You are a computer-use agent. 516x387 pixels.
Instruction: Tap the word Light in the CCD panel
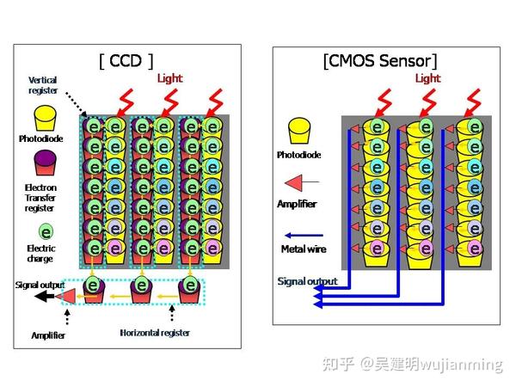pos(170,78)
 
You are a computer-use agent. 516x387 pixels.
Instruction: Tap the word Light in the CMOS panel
pos(427,78)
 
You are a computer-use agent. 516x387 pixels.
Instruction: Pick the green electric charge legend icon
pos(44,230)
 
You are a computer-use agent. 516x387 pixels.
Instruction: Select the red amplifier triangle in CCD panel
pos(65,296)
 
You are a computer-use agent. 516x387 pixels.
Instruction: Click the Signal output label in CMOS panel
pos(307,281)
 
